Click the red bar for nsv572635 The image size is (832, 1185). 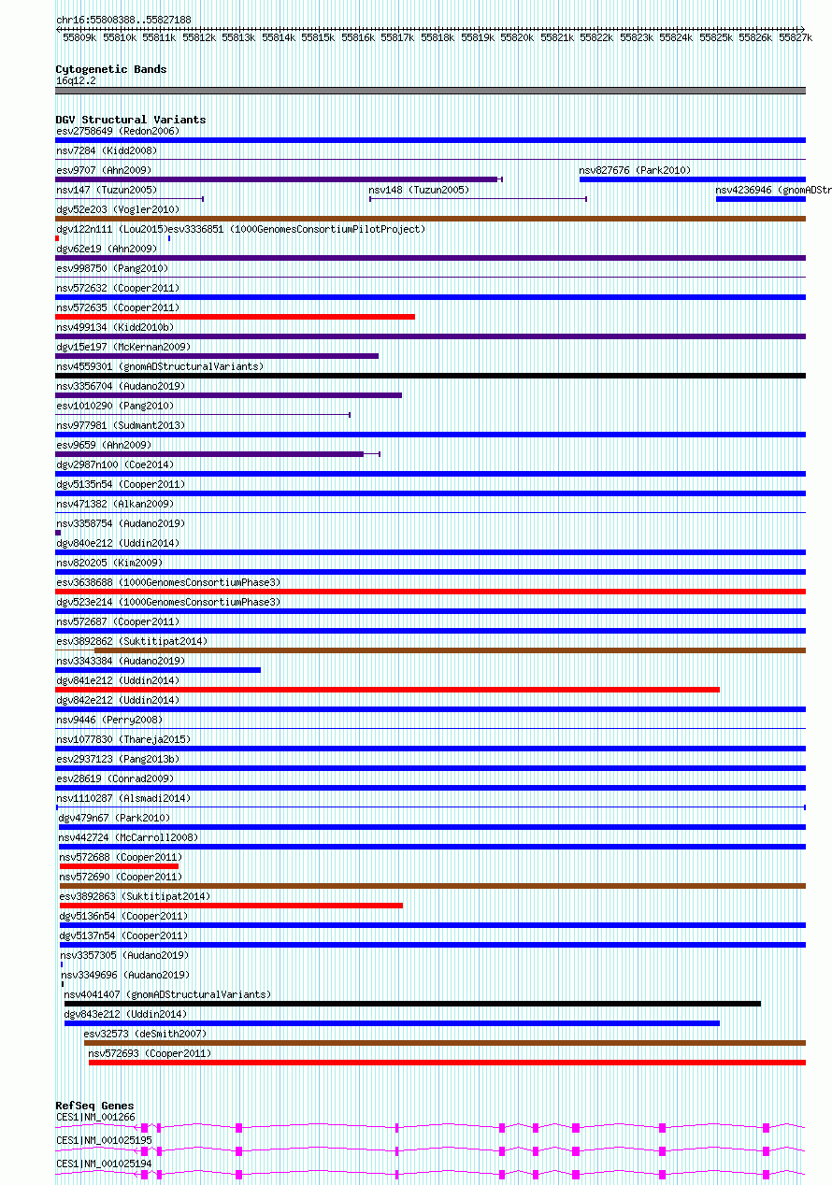pyautogui.click(x=235, y=317)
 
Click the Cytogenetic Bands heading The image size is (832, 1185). pyautogui.click(x=110, y=69)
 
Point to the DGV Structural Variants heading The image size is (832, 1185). pyautogui.click(x=130, y=120)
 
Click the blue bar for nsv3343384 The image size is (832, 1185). pyautogui.click(x=158, y=670)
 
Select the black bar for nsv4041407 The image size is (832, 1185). pyautogui.click(x=411, y=1004)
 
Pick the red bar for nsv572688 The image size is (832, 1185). pyautogui.click(x=119, y=866)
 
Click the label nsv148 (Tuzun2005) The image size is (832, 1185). pyautogui.click(x=419, y=190)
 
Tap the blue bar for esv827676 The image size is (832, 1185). pyautogui.click(x=692, y=179)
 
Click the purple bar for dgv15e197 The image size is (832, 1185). pyautogui.click(x=217, y=356)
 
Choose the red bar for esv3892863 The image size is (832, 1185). pyautogui.click(x=231, y=906)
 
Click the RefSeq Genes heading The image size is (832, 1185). pyautogui.click(x=94, y=1106)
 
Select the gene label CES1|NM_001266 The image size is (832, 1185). pyautogui.click(x=95, y=1117)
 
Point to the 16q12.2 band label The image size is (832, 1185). pyautogui.click(x=76, y=80)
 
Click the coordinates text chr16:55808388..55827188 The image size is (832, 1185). pyautogui.click(x=123, y=20)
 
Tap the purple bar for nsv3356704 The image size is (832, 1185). pyautogui.click(x=228, y=395)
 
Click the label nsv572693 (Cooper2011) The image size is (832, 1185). pyautogui.click(x=150, y=1053)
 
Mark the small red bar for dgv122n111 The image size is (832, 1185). pyautogui.click(x=57, y=238)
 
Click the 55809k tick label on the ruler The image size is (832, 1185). pyautogui.click(x=79, y=37)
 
